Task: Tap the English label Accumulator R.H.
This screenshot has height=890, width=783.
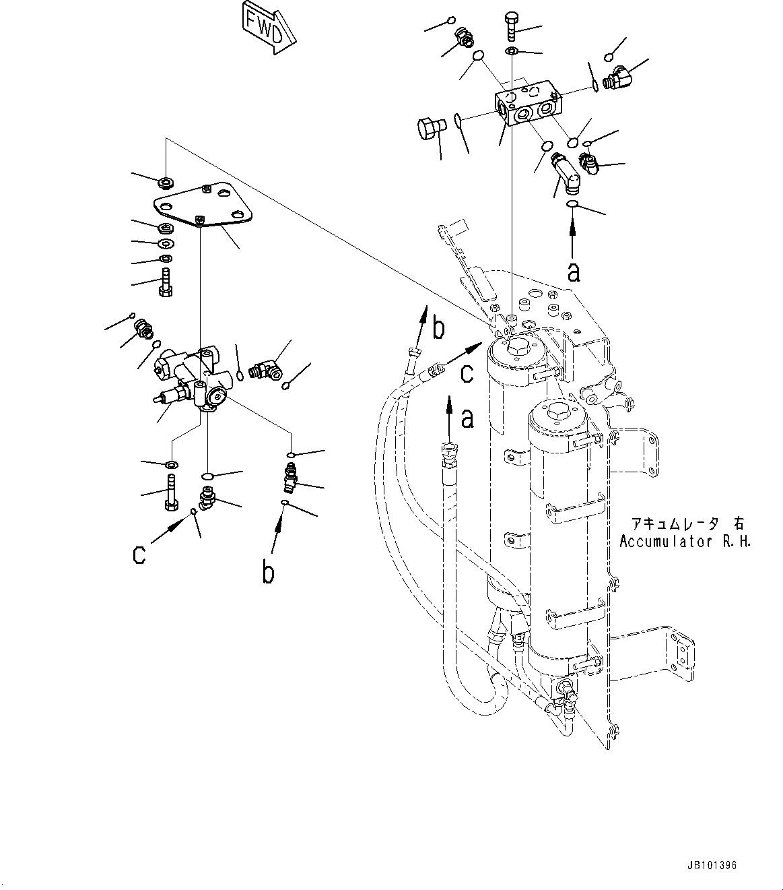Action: click(x=685, y=541)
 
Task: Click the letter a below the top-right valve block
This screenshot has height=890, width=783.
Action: click(x=574, y=272)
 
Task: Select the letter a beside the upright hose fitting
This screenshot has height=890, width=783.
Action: click(x=467, y=420)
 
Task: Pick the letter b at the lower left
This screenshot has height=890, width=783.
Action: click(x=268, y=572)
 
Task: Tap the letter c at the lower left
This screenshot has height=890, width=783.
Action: click(x=139, y=554)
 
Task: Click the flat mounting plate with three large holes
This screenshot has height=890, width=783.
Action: click(x=202, y=205)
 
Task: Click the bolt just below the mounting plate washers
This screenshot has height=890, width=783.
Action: click(x=166, y=282)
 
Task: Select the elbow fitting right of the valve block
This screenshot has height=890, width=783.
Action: click(x=619, y=80)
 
